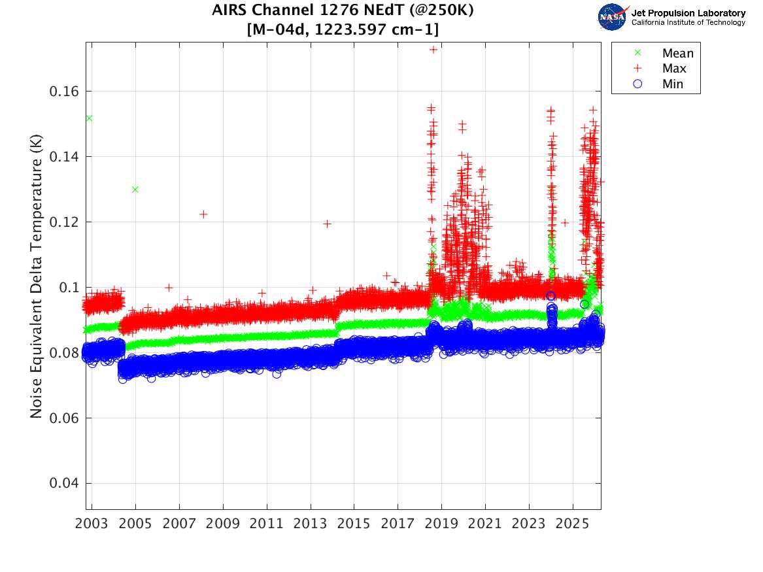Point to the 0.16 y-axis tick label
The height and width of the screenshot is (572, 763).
(x=63, y=92)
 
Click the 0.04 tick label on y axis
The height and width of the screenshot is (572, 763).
(x=63, y=484)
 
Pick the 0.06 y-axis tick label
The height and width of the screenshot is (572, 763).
(x=63, y=418)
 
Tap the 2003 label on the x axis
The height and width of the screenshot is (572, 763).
(x=92, y=524)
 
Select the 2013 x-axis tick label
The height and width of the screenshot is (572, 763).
(x=310, y=524)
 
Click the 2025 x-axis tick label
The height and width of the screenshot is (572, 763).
(x=573, y=524)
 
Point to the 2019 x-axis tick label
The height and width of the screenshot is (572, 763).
(x=441, y=524)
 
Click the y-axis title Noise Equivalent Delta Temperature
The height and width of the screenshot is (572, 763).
(x=37, y=276)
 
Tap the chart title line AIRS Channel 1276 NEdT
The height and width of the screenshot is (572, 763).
(x=343, y=10)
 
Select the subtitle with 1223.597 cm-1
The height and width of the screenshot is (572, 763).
(x=343, y=29)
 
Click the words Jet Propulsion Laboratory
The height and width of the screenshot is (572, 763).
(x=688, y=13)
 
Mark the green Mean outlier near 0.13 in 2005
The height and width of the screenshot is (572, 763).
(x=135, y=190)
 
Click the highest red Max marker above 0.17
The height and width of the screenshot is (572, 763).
(x=433, y=49)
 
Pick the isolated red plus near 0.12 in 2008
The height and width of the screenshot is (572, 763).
(x=203, y=214)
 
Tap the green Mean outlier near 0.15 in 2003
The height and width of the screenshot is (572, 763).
(x=89, y=118)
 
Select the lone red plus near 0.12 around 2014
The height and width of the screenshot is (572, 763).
(x=328, y=224)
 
